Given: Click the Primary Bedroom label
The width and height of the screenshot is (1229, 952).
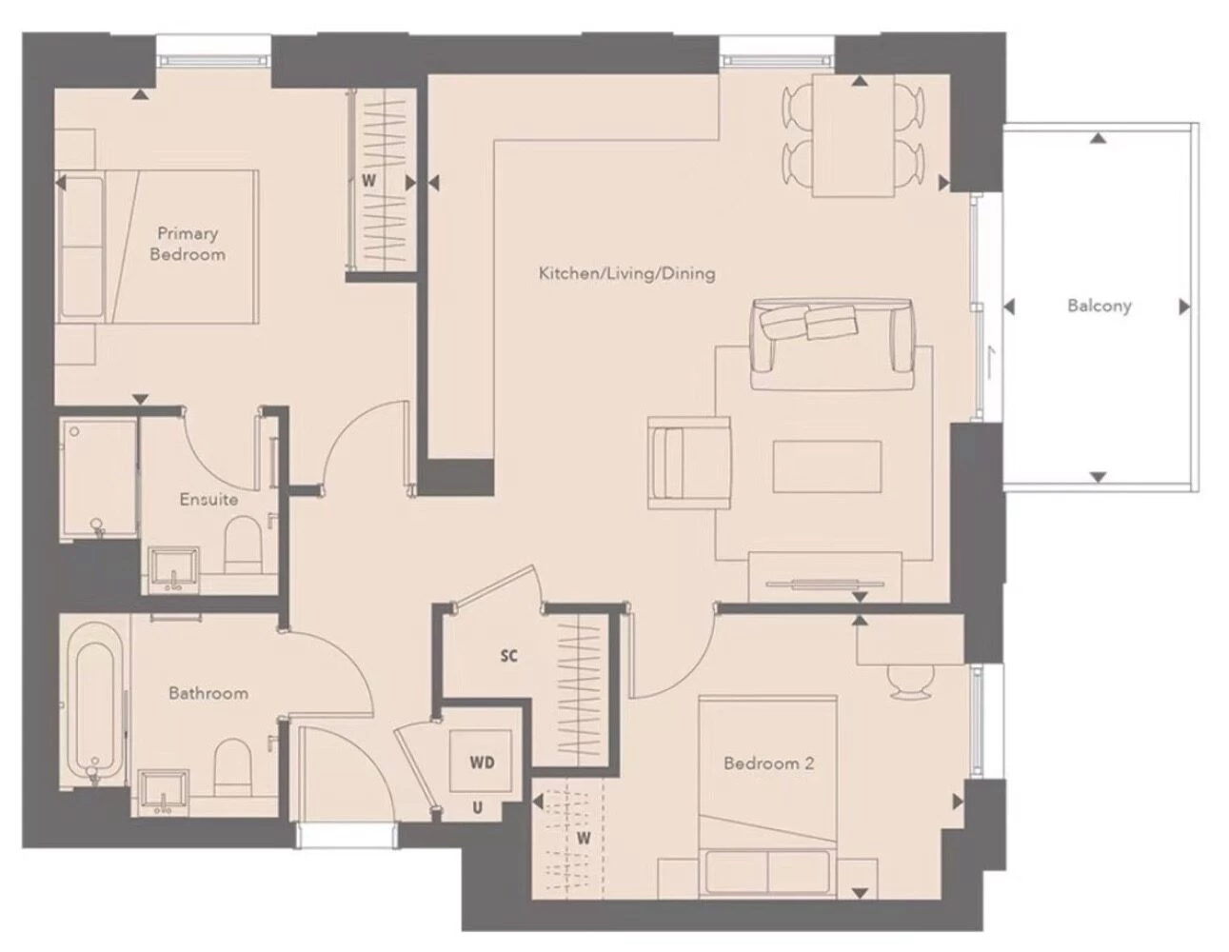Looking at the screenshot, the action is coord(188,244).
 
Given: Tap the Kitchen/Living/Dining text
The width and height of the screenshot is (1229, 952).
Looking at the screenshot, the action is coord(626,274).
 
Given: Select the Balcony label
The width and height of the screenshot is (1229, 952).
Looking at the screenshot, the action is coord(1099,306).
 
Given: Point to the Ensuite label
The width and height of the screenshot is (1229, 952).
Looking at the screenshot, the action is coord(208,499).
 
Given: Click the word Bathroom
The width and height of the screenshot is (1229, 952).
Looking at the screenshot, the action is coord(208,693).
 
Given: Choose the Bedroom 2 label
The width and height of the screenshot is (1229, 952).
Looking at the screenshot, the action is coord(768,764).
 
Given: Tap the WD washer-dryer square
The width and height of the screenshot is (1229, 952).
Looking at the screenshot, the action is coord(480,761).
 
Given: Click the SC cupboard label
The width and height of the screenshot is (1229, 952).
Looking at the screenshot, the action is coord(509,656).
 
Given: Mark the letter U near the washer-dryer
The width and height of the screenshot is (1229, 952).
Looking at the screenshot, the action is coord(477,808).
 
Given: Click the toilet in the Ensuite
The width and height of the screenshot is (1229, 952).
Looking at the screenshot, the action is coord(243,544).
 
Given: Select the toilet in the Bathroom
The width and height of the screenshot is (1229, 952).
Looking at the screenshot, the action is coord(232,767).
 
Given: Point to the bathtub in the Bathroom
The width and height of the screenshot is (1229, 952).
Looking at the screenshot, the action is coord(95,704).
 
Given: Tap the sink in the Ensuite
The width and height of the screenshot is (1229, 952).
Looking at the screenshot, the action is coord(173,570).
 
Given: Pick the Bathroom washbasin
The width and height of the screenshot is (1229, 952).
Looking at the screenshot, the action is coord(164,793).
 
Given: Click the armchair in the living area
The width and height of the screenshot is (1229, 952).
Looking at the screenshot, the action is coord(689,463).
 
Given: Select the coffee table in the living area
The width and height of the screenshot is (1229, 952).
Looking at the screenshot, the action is coord(827,466).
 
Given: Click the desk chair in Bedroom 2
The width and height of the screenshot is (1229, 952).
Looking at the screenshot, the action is coord(910,682).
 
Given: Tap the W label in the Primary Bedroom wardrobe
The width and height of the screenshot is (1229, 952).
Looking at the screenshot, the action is coord(368,181).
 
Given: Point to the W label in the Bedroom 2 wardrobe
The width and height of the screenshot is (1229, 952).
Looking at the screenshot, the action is coord(585,838).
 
